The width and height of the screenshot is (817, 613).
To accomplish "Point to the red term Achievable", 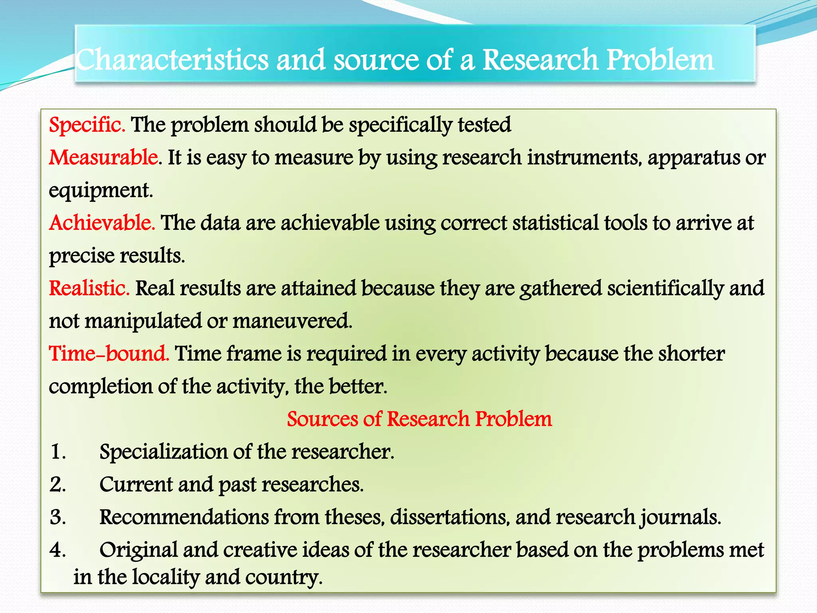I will [102, 223].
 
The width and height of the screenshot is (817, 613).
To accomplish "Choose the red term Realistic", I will [89, 289].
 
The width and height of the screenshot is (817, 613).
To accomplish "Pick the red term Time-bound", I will [109, 354].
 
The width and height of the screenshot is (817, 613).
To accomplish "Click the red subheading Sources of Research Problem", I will [419, 419].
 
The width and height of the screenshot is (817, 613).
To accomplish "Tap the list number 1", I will [58, 453].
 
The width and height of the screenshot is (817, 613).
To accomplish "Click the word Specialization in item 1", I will [163, 453].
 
